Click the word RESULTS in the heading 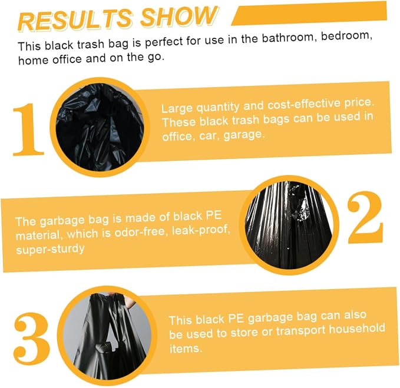75,21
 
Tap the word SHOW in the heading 179,16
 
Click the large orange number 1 28,130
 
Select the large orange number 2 365,217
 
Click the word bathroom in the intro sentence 289,38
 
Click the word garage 243,135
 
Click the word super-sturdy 50,249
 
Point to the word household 357,329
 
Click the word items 186,349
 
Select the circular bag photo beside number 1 100,127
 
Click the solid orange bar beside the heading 309,14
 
